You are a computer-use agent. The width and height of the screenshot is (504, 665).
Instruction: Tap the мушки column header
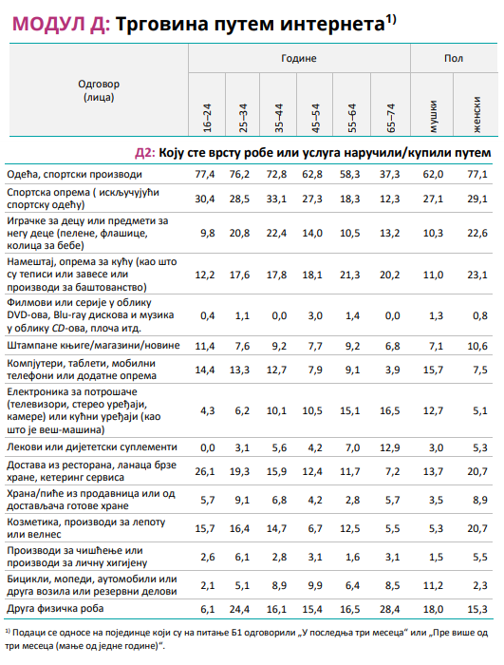[433, 114]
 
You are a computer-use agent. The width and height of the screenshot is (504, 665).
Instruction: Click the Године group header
[298, 59]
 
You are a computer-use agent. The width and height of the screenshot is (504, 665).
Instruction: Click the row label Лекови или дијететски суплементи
[91, 446]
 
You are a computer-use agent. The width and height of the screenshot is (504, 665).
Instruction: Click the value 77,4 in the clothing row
[206, 175]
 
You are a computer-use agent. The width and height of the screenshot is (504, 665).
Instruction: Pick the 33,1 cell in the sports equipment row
[276, 198]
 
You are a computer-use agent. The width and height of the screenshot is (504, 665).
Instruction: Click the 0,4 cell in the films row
[206, 314]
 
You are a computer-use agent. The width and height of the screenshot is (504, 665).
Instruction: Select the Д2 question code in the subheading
[145, 152]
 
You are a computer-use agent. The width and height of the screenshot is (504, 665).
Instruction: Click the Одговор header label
[99, 83]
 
